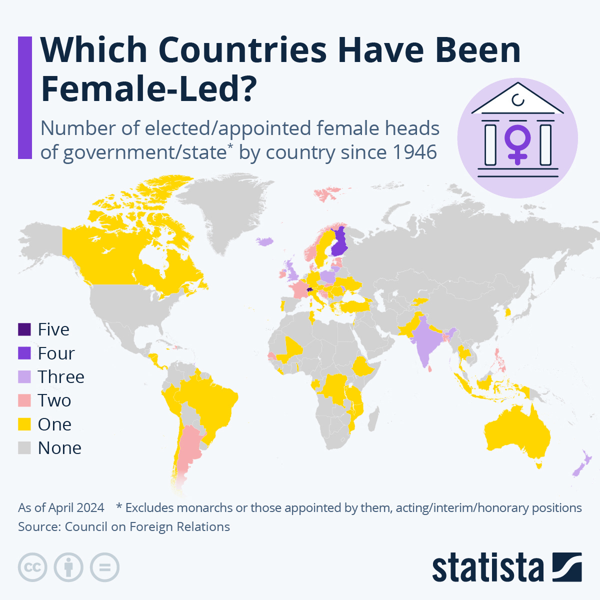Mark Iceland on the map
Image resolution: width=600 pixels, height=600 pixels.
pos(265,241)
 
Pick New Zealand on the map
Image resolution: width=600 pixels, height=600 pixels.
pos(582,465)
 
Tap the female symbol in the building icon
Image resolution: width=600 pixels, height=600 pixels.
pos(517,142)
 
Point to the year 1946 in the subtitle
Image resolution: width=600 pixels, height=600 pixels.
pos(414,152)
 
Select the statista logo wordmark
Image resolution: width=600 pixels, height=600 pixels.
pos(488,568)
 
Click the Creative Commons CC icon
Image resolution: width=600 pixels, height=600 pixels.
pos(32,567)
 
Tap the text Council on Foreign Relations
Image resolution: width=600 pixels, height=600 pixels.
pos(147,526)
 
